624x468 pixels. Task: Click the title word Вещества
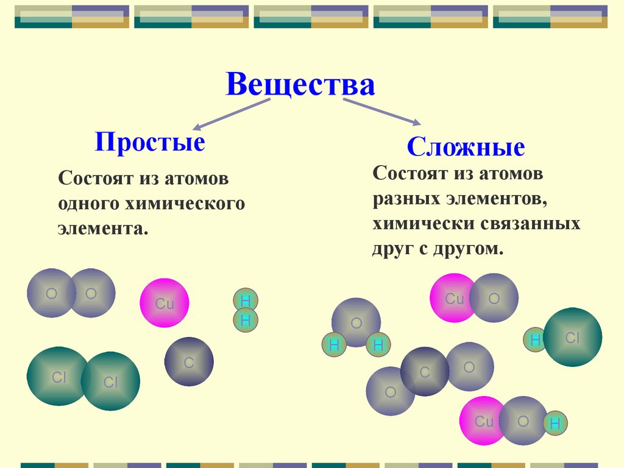(300, 85)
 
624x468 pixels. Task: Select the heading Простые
(150, 143)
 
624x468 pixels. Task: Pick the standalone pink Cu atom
(165, 303)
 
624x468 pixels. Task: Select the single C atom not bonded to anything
(189, 362)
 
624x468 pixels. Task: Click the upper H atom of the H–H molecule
(246, 300)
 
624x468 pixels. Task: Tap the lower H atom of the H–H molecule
(246, 320)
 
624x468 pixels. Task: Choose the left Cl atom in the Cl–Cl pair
(57, 377)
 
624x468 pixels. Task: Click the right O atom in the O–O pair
(91, 293)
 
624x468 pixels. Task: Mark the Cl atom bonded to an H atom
(572, 337)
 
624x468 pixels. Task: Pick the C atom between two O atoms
(425, 372)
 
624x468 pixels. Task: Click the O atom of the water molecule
(356, 322)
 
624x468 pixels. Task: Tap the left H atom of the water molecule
(333, 346)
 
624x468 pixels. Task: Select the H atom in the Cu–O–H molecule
(555, 424)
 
